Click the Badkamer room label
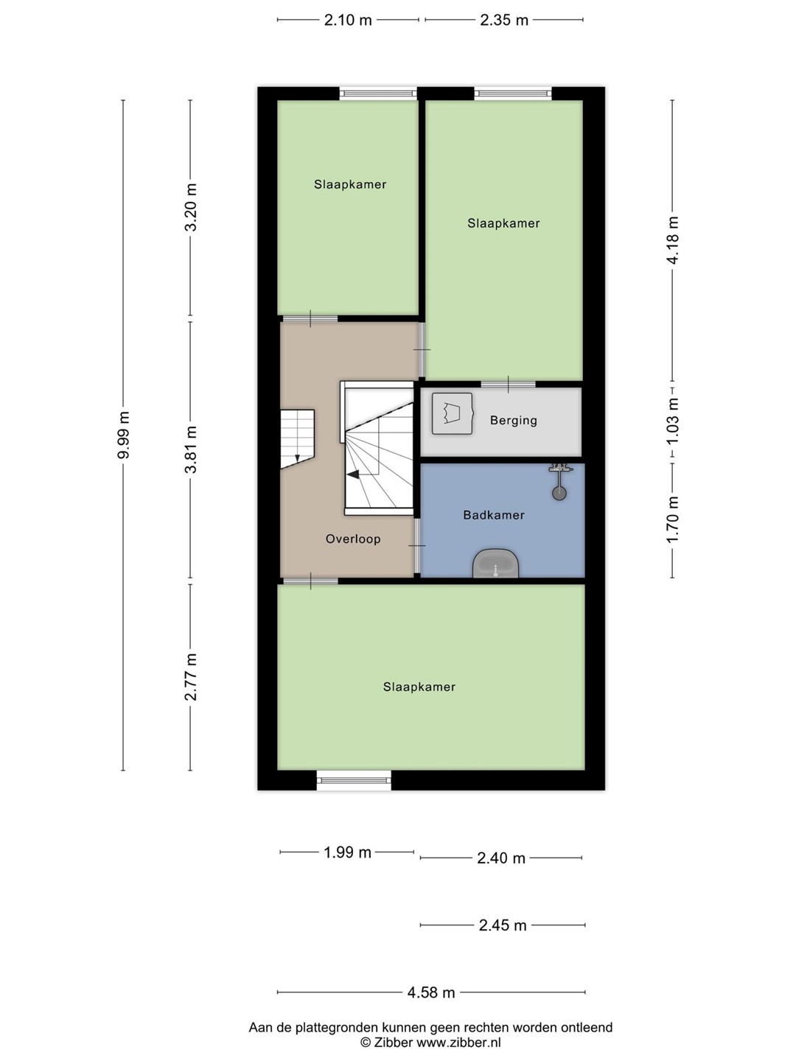pyautogui.click(x=494, y=515)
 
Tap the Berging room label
pyautogui.click(x=513, y=421)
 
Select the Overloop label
pyautogui.click(x=353, y=539)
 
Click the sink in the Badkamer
pyautogui.click(x=495, y=564)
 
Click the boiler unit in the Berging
pyautogui.click(x=452, y=414)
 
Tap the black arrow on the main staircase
pyautogui.click(x=353, y=475)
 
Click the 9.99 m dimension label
pyautogui.click(x=123, y=435)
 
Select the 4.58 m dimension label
pyautogui.click(x=431, y=992)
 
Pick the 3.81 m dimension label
pyautogui.click(x=192, y=449)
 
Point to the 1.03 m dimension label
pyautogui.click(x=672, y=421)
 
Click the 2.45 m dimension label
pyautogui.click(x=502, y=925)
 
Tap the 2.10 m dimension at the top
pyautogui.click(x=348, y=21)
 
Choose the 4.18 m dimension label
pyautogui.click(x=672, y=239)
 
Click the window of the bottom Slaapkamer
pyautogui.click(x=354, y=780)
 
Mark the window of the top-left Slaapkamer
pyautogui.click(x=378, y=94)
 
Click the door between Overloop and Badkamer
pyautogui.click(x=416, y=546)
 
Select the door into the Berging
pyautogui.click(x=509, y=385)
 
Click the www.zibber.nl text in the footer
pyautogui.click(x=458, y=1042)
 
